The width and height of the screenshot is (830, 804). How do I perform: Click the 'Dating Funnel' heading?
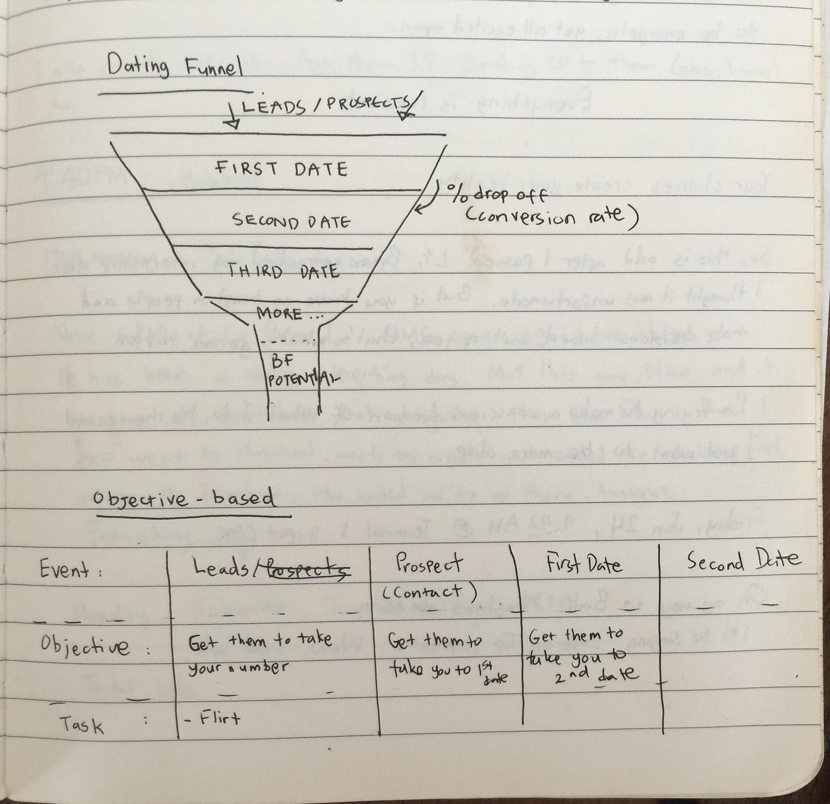pyautogui.click(x=175, y=68)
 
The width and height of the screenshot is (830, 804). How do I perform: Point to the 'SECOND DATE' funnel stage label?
pyautogui.click(x=291, y=221)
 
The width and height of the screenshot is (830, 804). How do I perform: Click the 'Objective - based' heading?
pyautogui.click(x=183, y=499)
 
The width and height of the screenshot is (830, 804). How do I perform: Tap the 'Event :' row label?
pyautogui.click(x=71, y=571)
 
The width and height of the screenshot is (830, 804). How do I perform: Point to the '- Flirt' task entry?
pyautogui.click(x=214, y=719)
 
